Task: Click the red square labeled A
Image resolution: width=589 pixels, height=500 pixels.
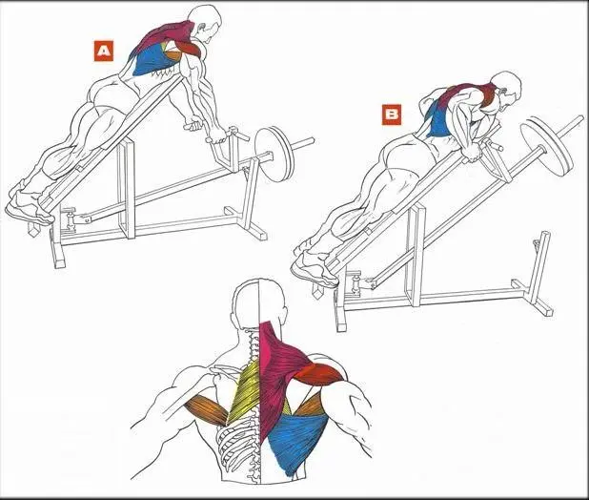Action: click(x=104, y=51)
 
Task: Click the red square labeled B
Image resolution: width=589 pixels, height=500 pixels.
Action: click(x=392, y=115)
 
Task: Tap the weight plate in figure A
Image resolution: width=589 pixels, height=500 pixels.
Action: click(x=274, y=155)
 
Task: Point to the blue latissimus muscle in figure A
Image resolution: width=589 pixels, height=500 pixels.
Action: click(x=152, y=59)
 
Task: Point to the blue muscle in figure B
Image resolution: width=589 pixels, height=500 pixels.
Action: click(x=438, y=120)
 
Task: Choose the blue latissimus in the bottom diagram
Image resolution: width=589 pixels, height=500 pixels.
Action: click(x=298, y=439)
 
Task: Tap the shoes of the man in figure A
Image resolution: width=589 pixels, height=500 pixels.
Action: click(x=28, y=205)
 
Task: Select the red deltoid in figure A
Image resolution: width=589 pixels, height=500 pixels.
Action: click(x=188, y=47)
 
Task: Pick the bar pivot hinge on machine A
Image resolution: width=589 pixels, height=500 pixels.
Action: click(x=71, y=219)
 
